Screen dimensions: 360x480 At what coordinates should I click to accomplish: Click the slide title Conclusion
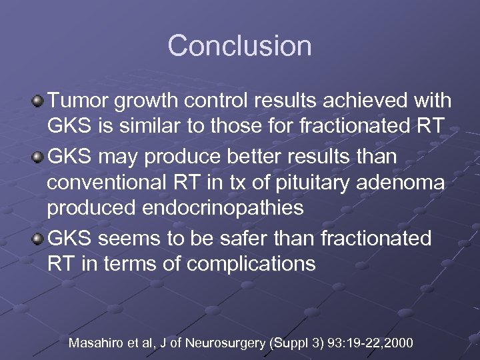(x=239, y=46)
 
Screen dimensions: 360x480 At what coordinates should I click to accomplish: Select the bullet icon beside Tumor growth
(x=38, y=102)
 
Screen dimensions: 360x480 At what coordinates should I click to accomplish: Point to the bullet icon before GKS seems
(x=38, y=239)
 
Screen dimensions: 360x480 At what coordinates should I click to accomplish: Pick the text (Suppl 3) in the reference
(x=294, y=343)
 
